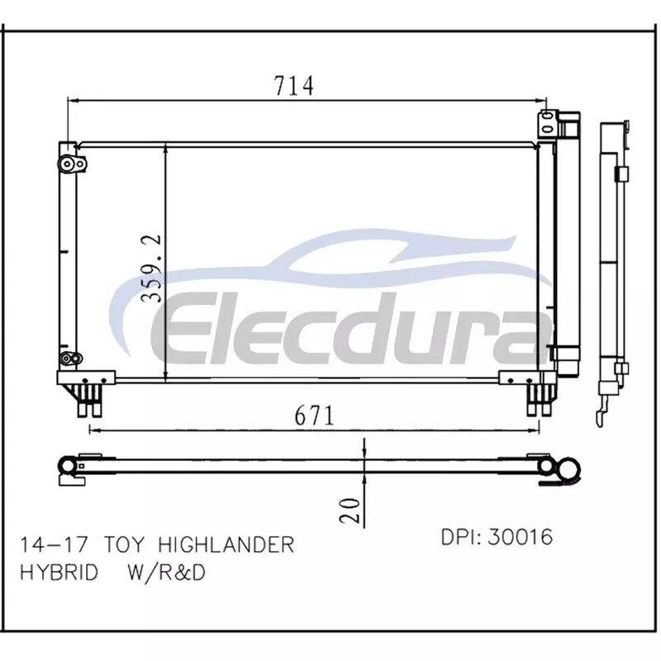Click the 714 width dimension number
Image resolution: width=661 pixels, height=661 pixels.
[294, 86]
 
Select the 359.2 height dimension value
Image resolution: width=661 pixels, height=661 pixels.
[151, 269]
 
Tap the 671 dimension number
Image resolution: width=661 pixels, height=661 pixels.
[314, 416]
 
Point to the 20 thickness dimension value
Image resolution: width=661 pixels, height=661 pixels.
[350, 511]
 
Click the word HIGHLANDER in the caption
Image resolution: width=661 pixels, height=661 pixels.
[226, 544]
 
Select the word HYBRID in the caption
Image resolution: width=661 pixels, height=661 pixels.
[59, 573]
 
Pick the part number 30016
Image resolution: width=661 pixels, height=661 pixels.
[521, 537]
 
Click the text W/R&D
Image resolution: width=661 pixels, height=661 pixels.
[167, 573]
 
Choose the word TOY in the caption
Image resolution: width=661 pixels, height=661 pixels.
[124, 544]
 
